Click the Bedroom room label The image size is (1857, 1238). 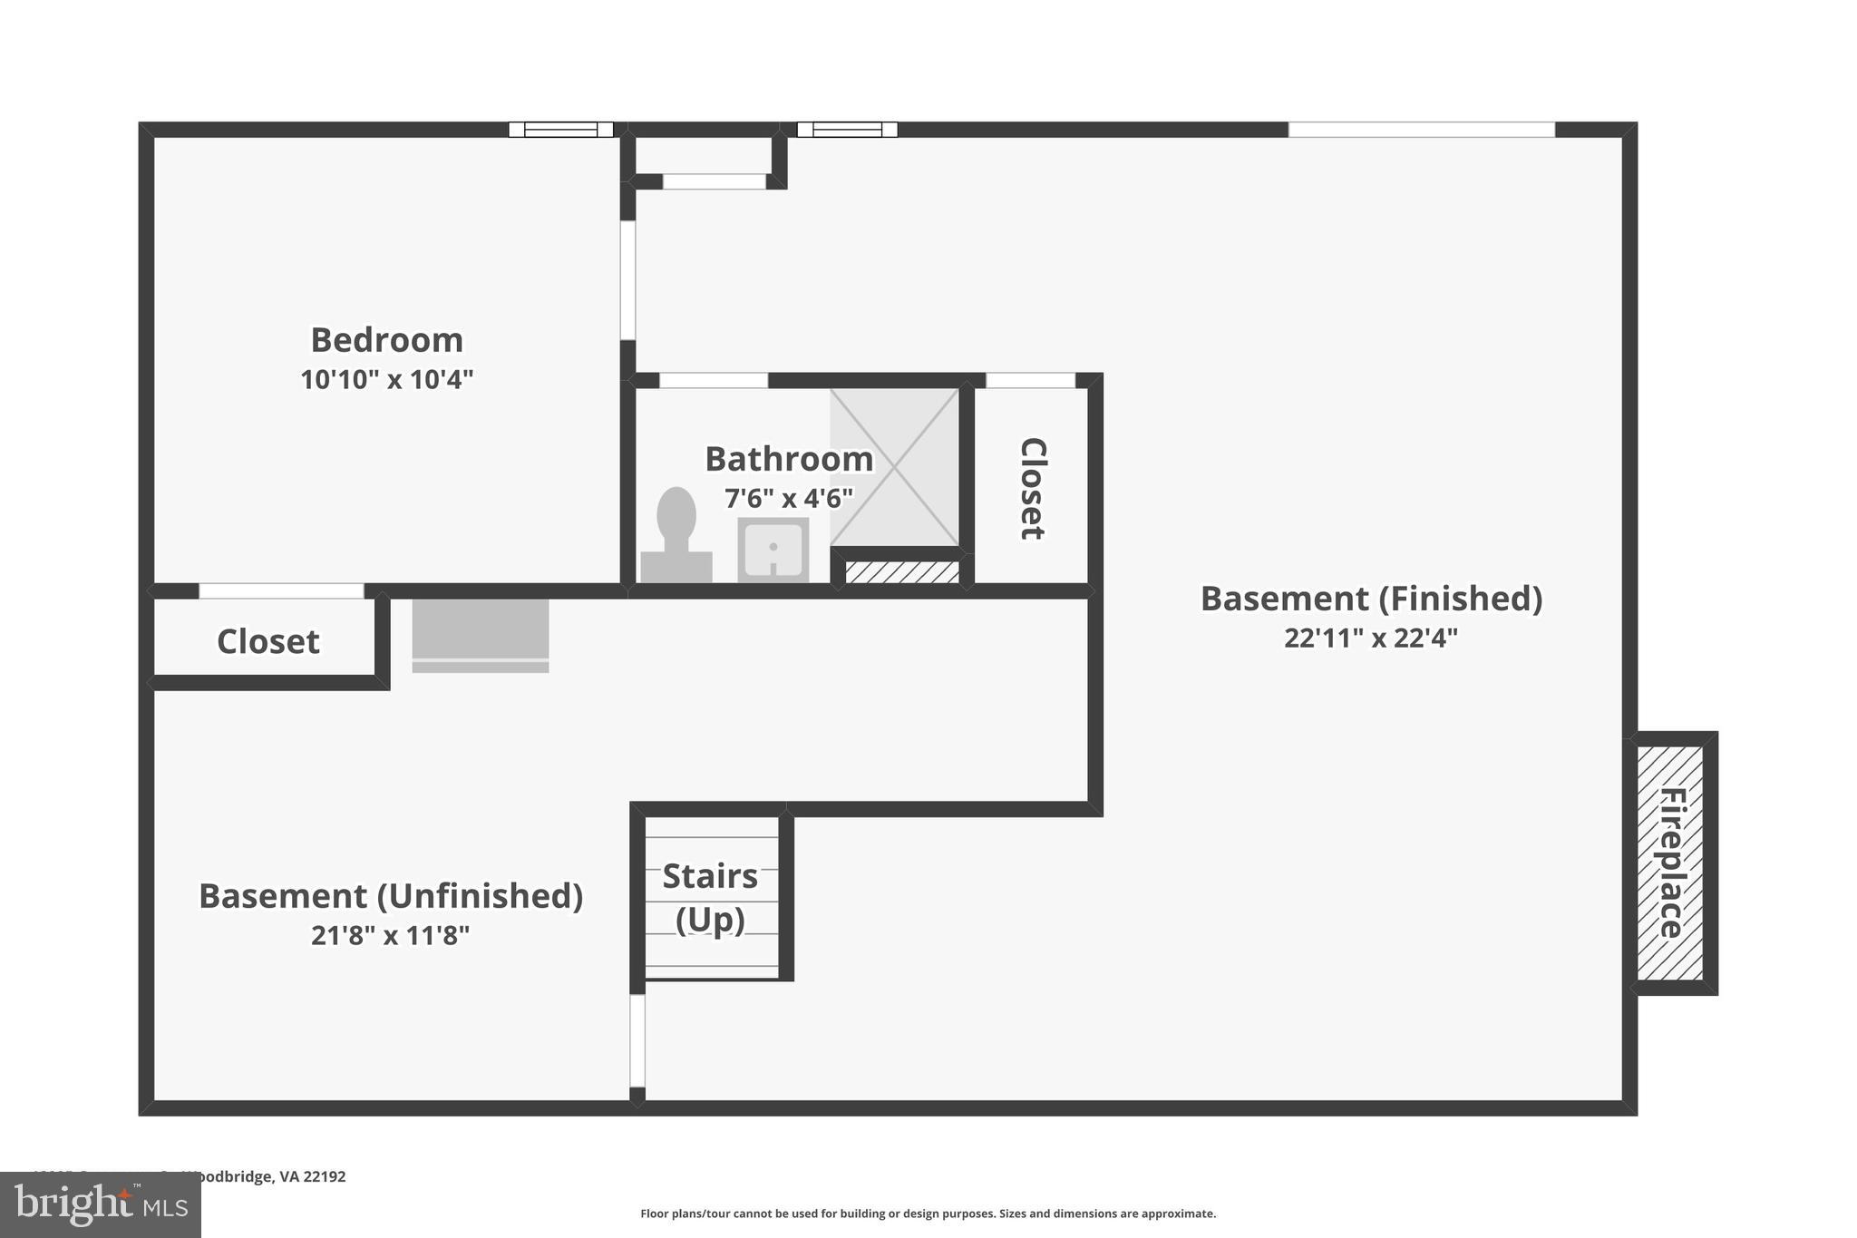coord(387,340)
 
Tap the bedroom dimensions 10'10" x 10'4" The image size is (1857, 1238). coord(387,379)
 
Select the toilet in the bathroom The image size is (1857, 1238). coord(676,536)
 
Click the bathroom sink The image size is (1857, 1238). coord(773,550)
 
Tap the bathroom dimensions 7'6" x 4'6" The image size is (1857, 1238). coord(789,498)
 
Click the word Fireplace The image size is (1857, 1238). coord(1671,863)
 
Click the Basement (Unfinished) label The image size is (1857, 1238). coord(391,896)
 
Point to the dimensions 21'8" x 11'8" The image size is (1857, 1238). coord(391,935)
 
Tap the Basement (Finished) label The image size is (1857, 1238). coord(1371,599)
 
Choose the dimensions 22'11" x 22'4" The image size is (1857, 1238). coord(1371,638)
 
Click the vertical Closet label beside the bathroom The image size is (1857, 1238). coord(1033,488)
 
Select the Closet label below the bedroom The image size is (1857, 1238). coord(268,641)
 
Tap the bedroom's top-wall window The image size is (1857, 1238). coord(560,130)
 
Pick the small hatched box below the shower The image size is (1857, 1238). coord(902,572)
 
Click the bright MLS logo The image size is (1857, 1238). coord(101,1205)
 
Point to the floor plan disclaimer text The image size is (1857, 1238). coord(928,1214)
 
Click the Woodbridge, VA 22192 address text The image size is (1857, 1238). coord(263,1176)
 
